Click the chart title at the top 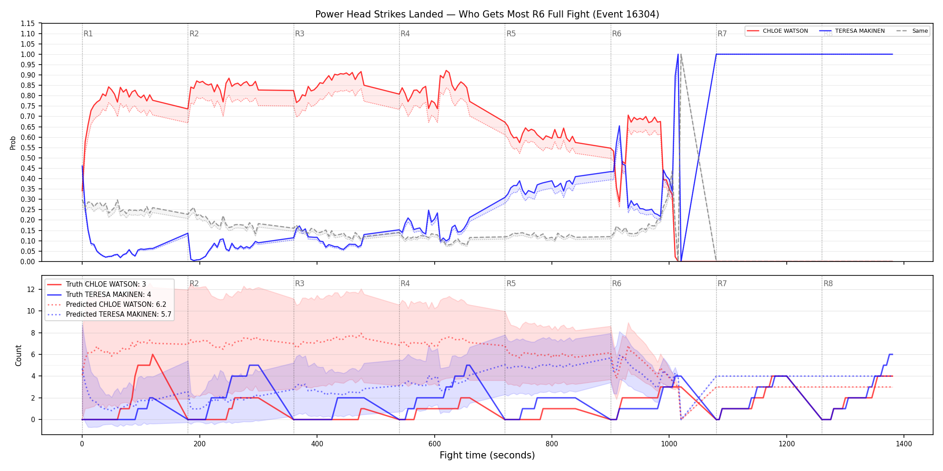487,14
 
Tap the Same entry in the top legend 912,31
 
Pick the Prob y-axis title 13,143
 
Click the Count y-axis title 18,355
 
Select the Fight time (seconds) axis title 487,455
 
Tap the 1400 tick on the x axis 904,444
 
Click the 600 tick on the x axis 434,444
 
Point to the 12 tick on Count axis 31,289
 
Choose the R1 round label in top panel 88,34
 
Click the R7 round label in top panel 722,34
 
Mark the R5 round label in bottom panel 511,283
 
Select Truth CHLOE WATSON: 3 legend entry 106,284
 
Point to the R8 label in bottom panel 828,283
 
